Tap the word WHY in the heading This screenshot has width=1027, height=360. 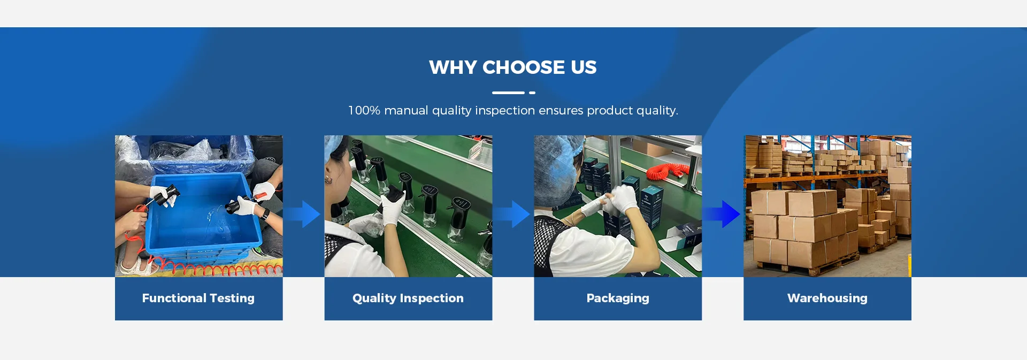tap(453, 67)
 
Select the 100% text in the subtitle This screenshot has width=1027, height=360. tap(364, 110)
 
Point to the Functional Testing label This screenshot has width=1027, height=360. tap(198, 298)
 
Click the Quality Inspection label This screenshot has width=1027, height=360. tap(408, 298)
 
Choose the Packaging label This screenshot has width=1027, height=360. tap(618, 298)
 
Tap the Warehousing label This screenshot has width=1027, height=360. tap(827, 298)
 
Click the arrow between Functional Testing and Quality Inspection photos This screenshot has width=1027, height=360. tap(302, 214)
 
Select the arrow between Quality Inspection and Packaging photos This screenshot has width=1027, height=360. tap(512, 214)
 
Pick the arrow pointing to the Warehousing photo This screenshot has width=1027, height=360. tap(722, 214)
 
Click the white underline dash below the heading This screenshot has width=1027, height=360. tap(508, 93)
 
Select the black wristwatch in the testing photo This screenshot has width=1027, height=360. tap(266, 214)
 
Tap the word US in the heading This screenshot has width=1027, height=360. tap(584, 67)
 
